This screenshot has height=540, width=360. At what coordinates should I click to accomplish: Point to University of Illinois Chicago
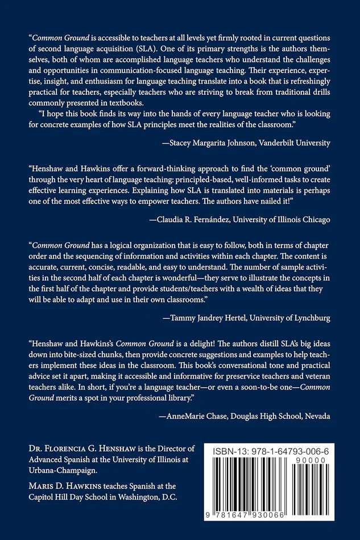[282, 218]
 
